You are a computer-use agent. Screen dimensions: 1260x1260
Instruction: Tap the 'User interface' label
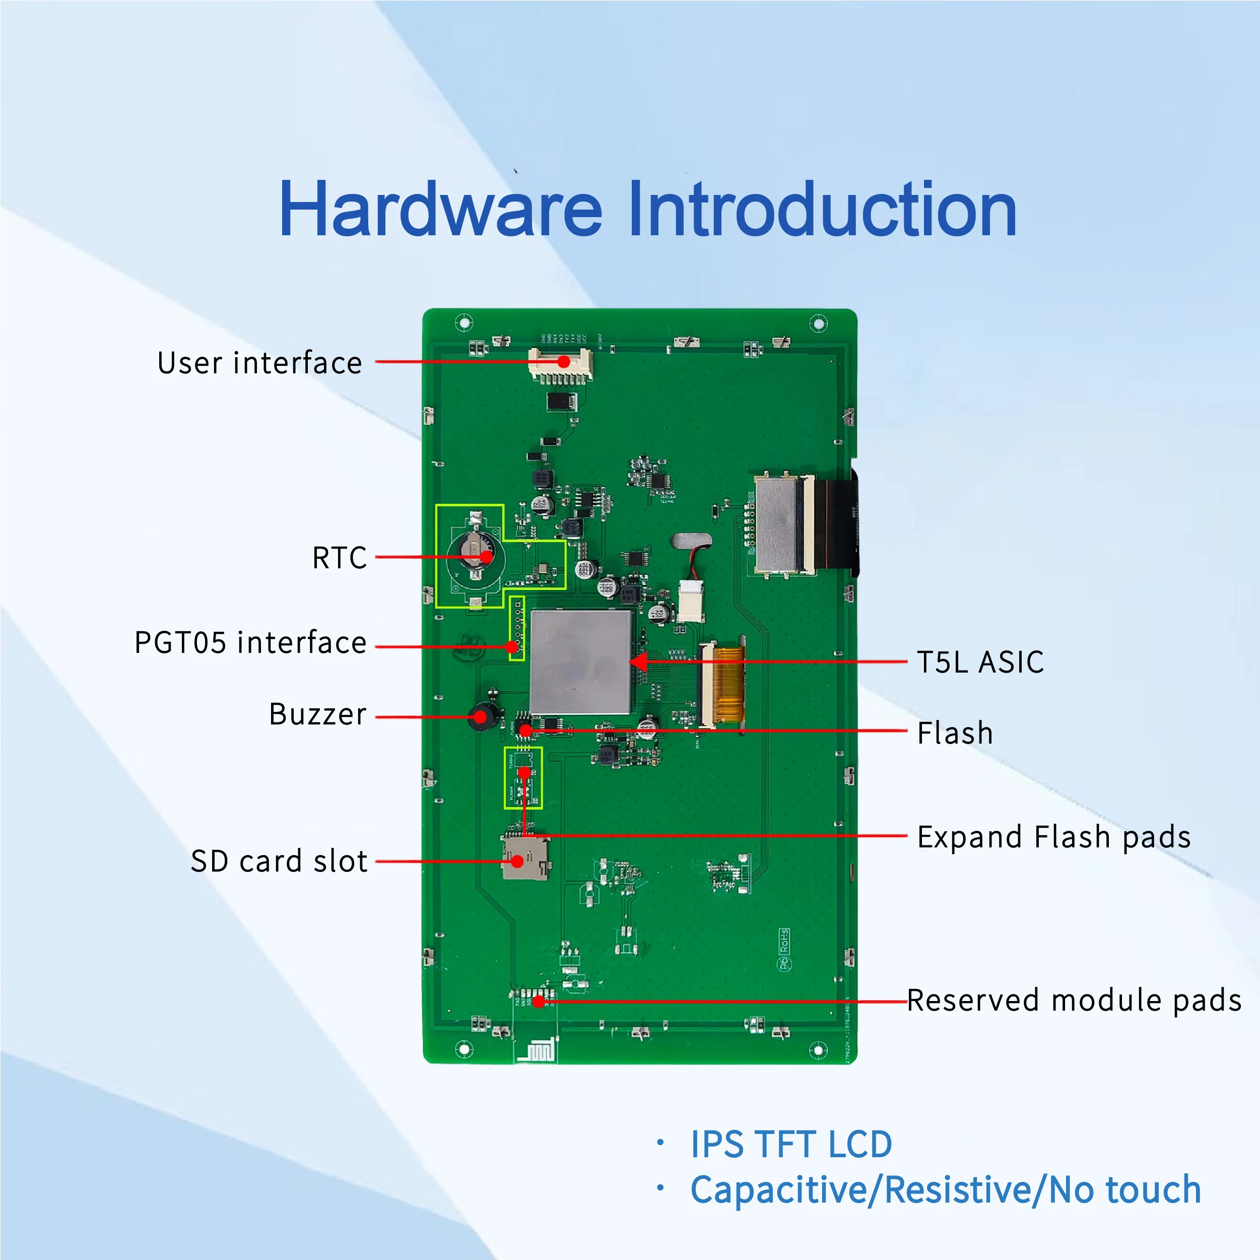(259, 363)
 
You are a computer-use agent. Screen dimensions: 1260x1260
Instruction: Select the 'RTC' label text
(339, 558)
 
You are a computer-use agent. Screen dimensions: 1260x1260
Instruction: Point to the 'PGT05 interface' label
(250, 642)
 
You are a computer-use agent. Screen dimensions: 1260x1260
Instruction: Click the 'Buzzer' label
(317, 714)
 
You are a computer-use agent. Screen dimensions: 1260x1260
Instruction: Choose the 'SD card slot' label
(279, 861)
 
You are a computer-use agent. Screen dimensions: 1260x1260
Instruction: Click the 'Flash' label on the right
(955, 733)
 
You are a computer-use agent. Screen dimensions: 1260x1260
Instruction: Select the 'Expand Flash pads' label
(1054, 837)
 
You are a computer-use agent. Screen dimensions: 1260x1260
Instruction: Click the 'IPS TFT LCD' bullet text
(791, 1145)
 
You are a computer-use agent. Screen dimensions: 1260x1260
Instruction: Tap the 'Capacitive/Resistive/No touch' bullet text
(946, 1189)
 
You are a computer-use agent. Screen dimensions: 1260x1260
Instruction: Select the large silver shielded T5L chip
(580, 661)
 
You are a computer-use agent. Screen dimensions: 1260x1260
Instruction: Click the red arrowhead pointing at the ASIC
(638, 662)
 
